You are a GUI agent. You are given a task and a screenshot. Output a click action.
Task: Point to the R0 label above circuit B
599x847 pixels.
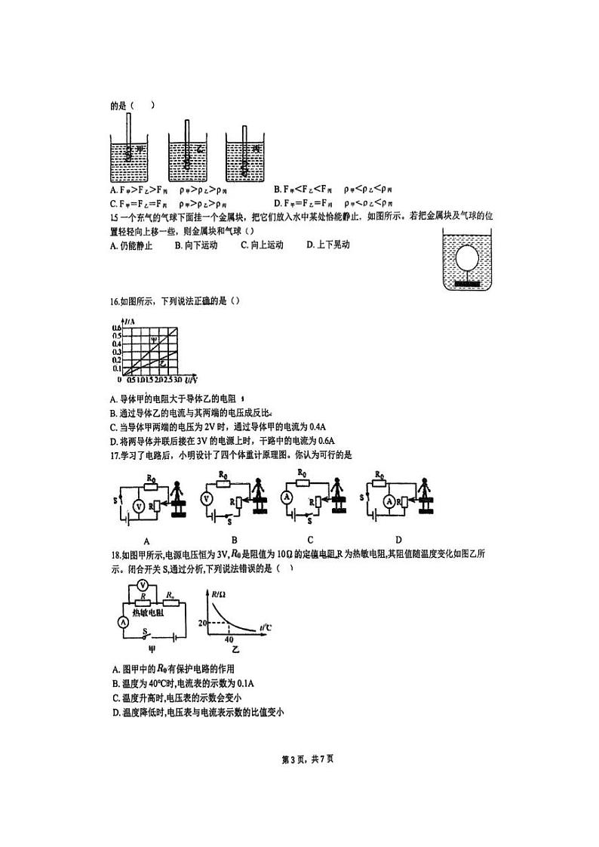tap(223, 475)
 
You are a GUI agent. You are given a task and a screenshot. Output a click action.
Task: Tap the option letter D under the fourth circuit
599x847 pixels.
tap(398, 540)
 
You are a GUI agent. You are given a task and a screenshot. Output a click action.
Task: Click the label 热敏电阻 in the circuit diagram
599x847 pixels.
tap(149, 613)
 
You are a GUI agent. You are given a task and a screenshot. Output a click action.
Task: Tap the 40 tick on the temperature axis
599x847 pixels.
tap(229, 639)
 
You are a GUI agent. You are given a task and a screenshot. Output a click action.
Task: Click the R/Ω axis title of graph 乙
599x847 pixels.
tap(220, 595)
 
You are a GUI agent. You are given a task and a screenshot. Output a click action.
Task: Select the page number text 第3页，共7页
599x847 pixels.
tap(300, 758)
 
